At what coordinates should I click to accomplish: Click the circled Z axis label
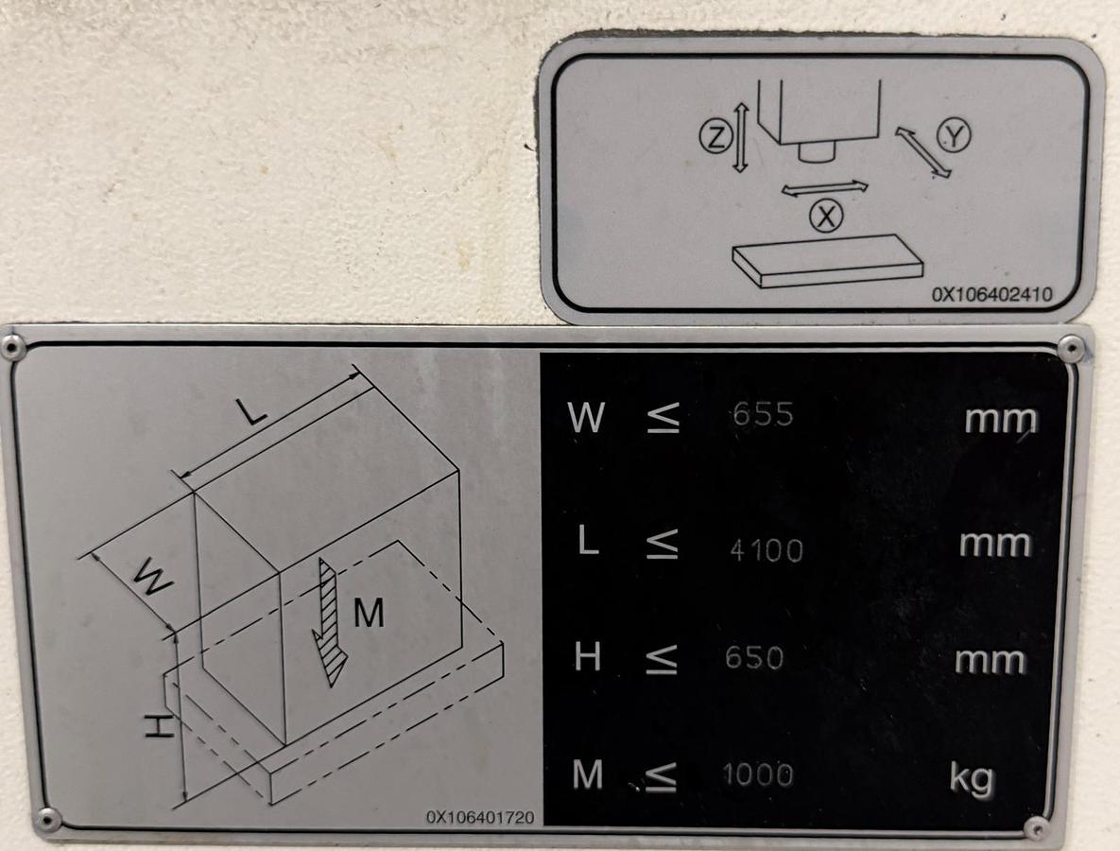pos(715,139)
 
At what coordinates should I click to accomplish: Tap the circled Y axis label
pos(953,136)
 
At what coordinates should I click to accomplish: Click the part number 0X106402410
pos(991,294)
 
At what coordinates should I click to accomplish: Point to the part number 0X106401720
pos(479,816)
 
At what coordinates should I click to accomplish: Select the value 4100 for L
pos(766,549)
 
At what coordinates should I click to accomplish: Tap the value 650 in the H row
pos(754,657)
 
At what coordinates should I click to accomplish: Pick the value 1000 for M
pos(758,775)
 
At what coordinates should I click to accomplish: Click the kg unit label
pos(973,777)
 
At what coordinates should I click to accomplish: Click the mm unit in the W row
pos(1001,419)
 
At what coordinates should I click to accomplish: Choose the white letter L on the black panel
pos(588,542)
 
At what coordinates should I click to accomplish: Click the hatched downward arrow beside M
pos(329,620)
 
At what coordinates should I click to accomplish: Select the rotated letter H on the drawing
pos(158,726)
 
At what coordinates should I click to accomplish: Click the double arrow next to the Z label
pos(741,139)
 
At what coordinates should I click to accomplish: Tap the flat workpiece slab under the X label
pos(828,260)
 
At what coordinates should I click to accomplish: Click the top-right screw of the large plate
pos(1070,349)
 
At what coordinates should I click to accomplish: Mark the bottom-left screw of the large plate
pos(46,819)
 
